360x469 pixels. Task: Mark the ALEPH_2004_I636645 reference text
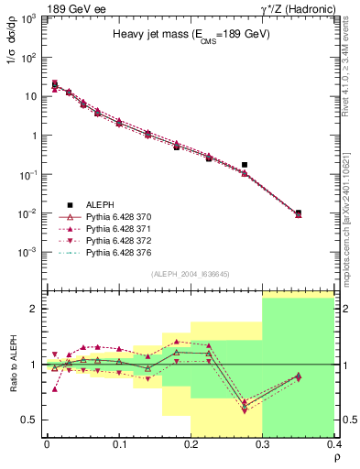[x=191, y=272]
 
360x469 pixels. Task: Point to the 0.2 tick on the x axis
[x=191, y=444]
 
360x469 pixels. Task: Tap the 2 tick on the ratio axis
[x=34, y=309]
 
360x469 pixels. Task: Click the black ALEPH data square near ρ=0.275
[x=245, y=165]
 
